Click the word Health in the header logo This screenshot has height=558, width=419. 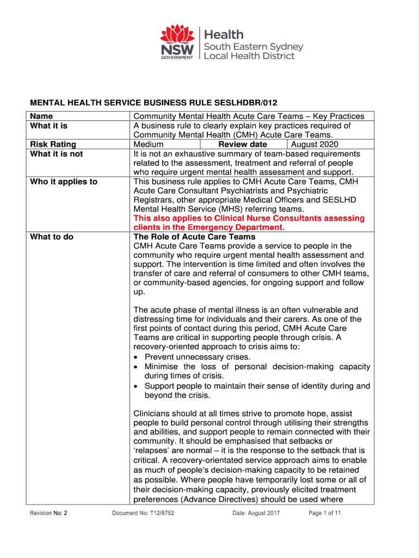point(223,34)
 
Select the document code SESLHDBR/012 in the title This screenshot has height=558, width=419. point(242,102)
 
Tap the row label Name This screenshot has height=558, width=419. point(41,116)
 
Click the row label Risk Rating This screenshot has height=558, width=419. point(53,144)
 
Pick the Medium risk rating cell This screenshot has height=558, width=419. point(149,144)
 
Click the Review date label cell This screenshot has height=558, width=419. point(243,144)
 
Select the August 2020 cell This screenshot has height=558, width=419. point(315,144)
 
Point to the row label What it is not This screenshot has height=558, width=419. point(56,154)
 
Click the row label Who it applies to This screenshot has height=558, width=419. point(63,181)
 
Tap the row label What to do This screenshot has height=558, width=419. point(51,237)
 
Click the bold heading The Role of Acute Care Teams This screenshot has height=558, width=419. point(194,237)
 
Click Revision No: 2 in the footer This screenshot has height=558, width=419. point(48,513)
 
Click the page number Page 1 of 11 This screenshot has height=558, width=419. point(325,513)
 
